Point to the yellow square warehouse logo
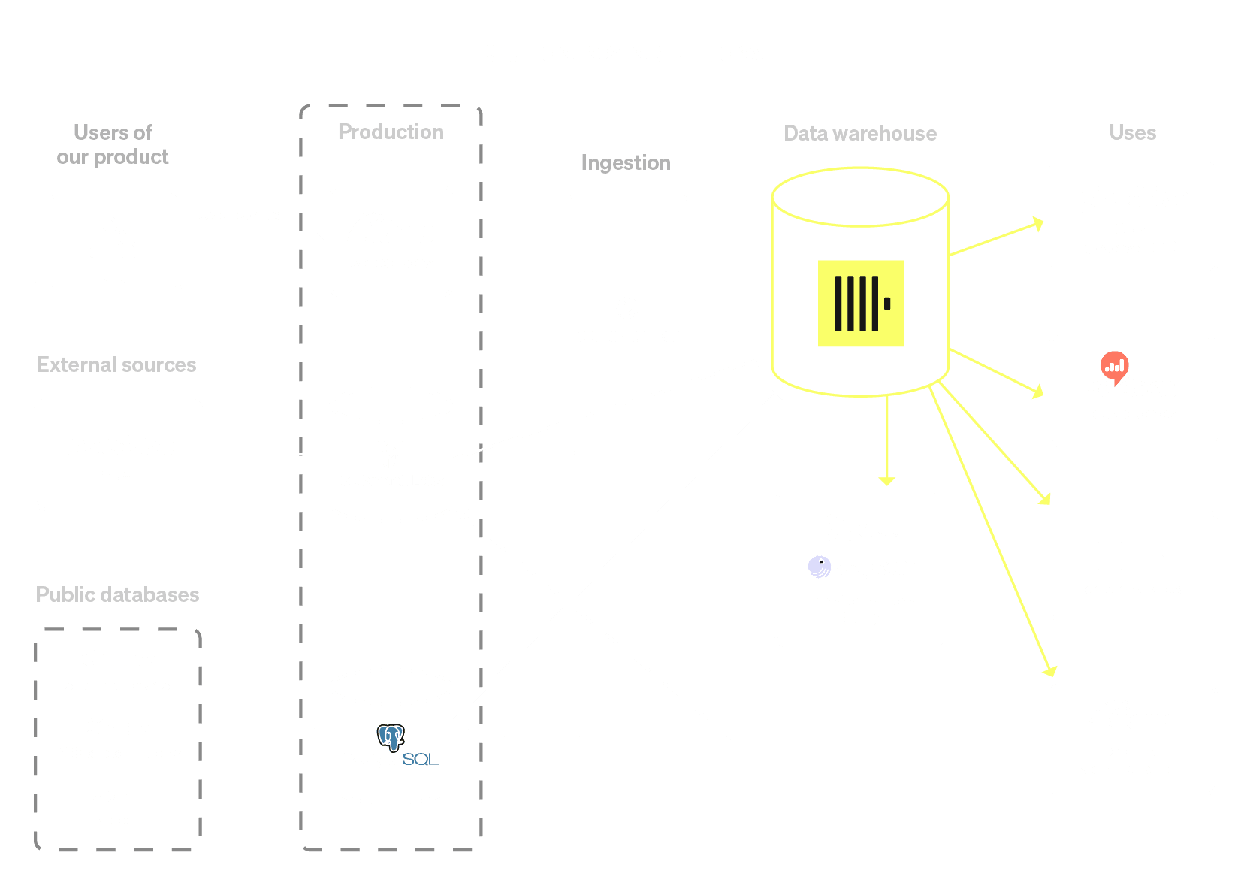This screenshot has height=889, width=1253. click(x=861, y=304)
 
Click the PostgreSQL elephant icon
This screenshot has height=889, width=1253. click(x=391, y=736)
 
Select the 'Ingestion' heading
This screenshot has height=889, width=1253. click(x=626, y=162)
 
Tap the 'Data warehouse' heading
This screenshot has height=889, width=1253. click(x=860, y=133)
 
